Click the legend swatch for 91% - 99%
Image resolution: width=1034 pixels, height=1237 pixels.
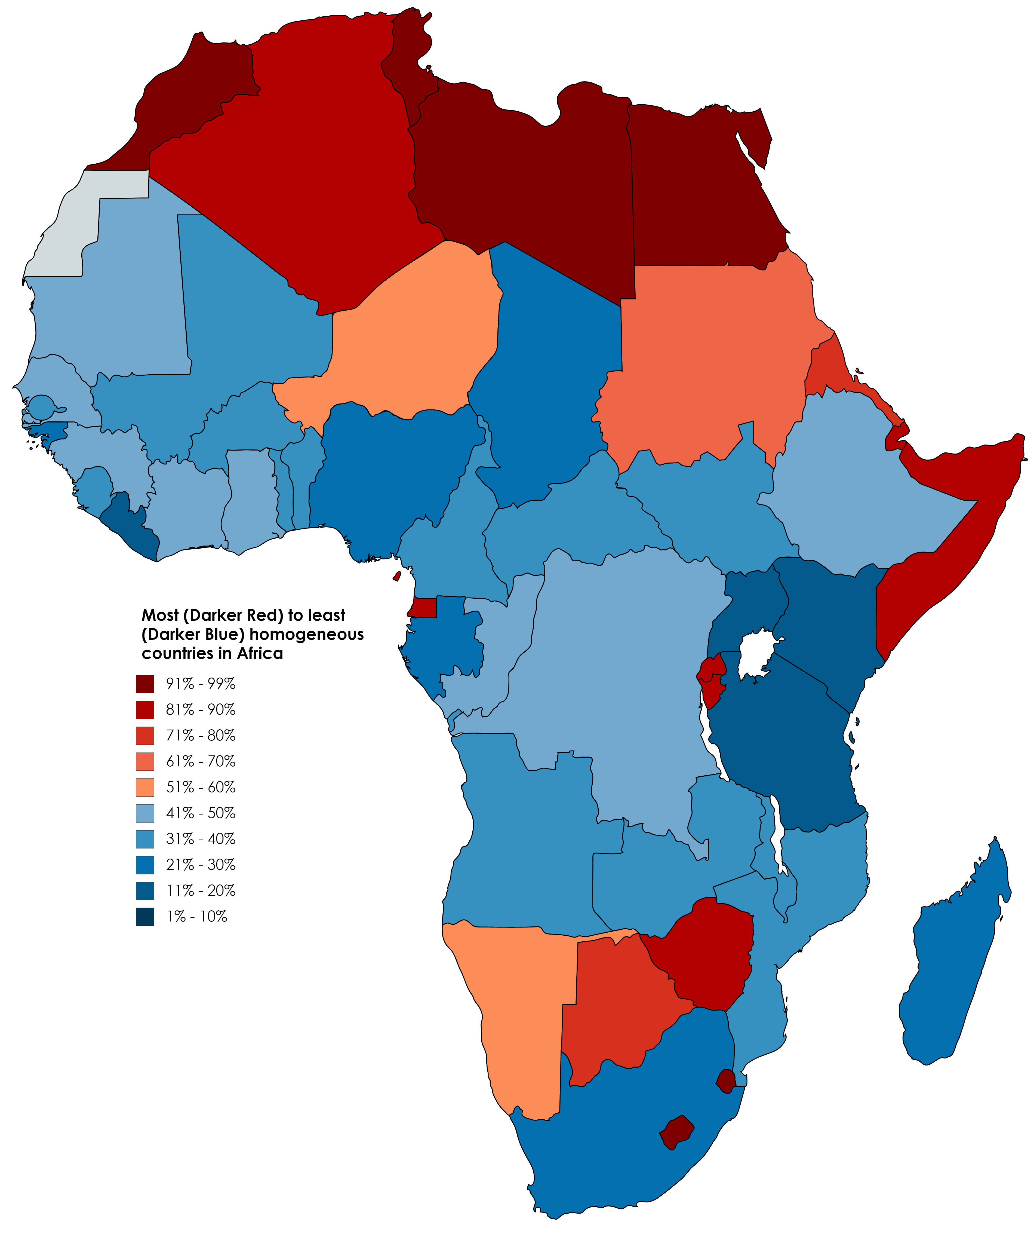click(x=145, y=684)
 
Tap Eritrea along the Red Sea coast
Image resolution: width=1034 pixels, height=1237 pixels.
click(x=824, y=368)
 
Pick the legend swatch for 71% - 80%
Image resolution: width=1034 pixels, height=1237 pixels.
click(x=145, y=736)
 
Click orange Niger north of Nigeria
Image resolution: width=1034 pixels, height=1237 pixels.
click(x=412, y=330)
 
